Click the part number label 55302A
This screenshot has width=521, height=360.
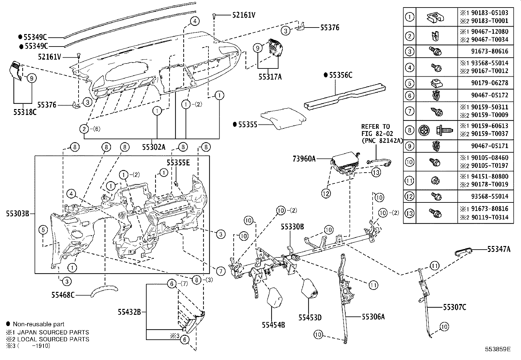[x=153, y=147]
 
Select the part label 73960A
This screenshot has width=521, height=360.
[x=304, y=159]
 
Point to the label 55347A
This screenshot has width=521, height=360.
[x=498, y=249]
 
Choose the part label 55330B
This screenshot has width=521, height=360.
[x=292, y=226]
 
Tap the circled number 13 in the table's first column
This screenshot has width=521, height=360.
[x=409, y=213]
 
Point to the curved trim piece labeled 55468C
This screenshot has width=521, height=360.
[x=104, y=291]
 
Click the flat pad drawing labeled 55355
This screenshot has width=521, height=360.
[x=282, y=118]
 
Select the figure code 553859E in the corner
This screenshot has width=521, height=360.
[x=497, y=349]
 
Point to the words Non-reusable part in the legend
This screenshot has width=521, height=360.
[x=38, y=324]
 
